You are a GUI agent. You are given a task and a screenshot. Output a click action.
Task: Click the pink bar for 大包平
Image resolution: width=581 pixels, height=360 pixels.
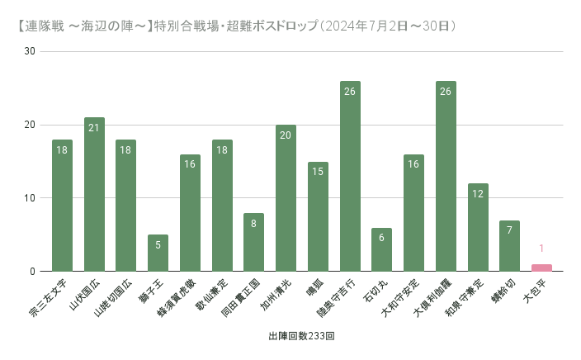(x=541, y=268)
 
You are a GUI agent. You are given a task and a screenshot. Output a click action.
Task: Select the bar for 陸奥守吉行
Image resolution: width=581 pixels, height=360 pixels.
(x=350, y=177)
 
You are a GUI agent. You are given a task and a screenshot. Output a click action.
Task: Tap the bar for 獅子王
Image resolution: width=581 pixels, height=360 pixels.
(x=158, y=253)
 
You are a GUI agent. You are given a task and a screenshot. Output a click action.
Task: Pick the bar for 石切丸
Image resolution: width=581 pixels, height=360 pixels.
(x=382, y=250)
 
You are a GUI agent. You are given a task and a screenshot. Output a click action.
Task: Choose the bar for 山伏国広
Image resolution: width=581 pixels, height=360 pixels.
(x=94, y=195)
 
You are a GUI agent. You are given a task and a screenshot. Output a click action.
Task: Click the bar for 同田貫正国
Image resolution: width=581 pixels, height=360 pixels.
(x=254, y=243)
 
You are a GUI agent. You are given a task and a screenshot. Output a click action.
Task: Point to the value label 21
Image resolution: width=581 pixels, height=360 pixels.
(x=94, y=127)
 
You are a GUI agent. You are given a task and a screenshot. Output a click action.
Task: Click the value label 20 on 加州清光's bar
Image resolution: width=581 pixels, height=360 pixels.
(x=286, y=135)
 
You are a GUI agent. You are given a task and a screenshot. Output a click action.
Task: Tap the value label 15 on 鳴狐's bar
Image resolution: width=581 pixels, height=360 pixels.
(x=318, y=172)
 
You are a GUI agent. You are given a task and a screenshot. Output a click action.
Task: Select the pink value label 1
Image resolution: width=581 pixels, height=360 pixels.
(x=541, y=249)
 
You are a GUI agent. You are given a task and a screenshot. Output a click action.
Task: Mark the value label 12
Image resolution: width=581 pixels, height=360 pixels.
(x=478, y=193)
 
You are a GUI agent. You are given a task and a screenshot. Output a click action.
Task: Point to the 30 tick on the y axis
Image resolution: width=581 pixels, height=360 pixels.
(x=31, y=51)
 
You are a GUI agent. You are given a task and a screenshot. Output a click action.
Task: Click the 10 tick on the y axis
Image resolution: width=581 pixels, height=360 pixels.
(x=31, y=198)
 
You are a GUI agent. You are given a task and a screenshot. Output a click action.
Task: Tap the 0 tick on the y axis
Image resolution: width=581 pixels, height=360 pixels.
(x=33, y=272)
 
